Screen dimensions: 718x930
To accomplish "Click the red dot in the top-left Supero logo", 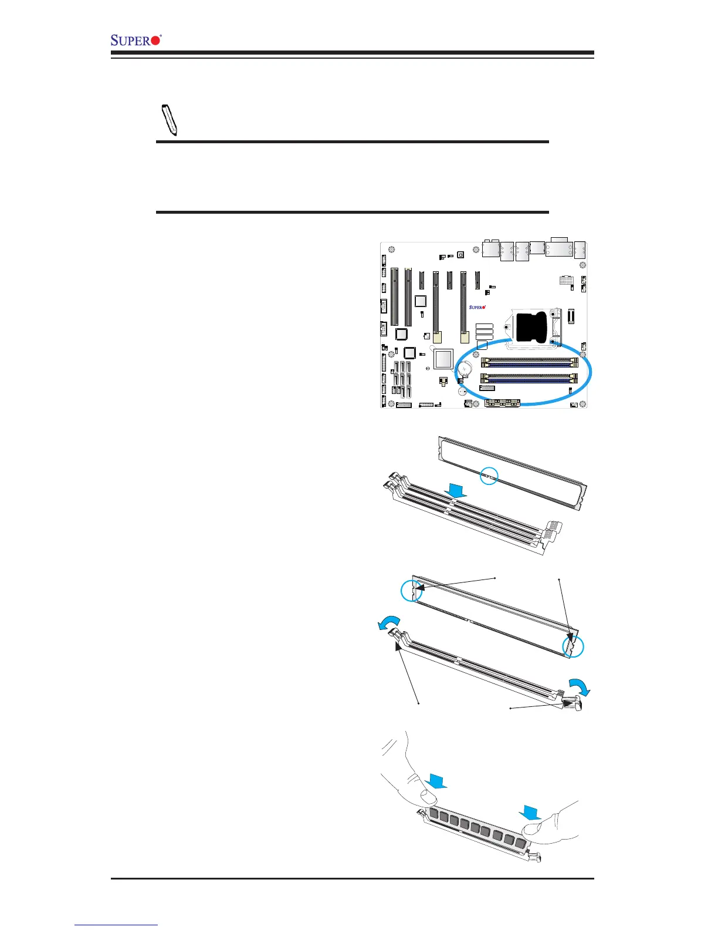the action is point(155,40).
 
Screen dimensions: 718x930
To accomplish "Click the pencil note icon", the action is point(170,120).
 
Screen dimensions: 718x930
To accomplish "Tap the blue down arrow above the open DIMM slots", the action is point(456,490).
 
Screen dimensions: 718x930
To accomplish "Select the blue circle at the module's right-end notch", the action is point(573,646).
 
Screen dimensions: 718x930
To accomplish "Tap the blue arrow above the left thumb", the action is point(437,781).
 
